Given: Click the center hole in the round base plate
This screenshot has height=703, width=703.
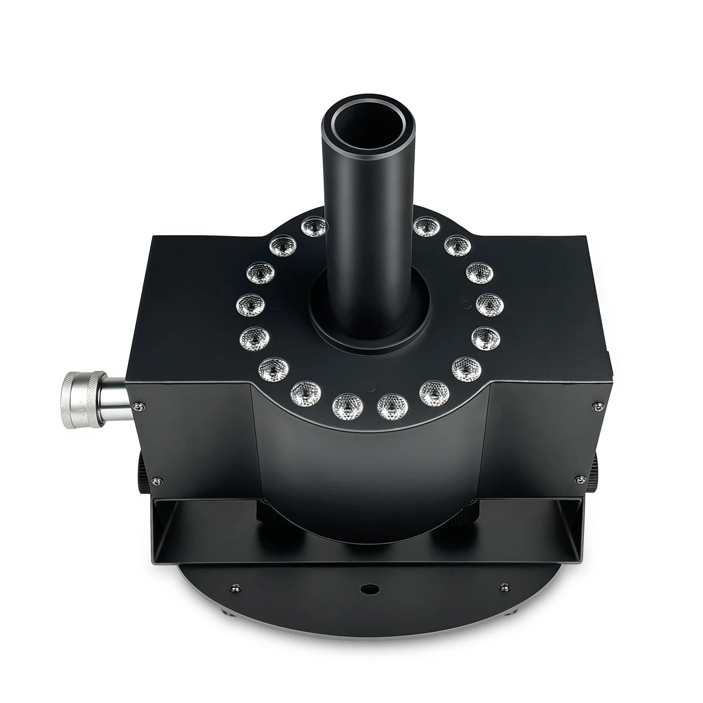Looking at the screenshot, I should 367,587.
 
